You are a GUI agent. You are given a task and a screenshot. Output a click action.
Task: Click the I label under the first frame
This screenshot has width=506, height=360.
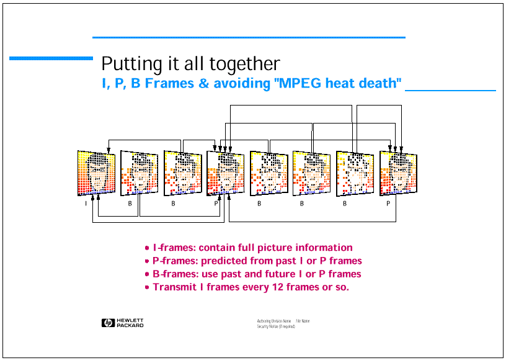86,203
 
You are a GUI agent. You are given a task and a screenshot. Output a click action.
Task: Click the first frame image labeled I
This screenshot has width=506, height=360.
96,173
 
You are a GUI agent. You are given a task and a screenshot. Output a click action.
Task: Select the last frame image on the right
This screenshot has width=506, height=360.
398,173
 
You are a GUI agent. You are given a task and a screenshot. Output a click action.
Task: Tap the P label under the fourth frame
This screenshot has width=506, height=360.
216,203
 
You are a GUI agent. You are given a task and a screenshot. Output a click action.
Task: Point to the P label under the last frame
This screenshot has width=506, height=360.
388,203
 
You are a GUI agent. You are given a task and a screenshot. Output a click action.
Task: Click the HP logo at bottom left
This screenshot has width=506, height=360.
107,323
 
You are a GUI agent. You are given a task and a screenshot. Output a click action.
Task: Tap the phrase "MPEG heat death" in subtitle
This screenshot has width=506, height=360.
338,83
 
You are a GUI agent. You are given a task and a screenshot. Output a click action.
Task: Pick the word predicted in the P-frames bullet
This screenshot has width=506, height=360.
221,261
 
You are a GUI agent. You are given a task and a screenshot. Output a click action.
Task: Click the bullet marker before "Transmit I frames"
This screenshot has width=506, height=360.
147,287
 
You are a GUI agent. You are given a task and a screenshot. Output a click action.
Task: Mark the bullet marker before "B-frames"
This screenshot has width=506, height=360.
147,274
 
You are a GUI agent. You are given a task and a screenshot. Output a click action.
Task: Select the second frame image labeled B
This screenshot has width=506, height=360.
140,173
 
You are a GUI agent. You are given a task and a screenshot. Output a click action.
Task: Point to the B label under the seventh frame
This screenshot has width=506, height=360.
345,203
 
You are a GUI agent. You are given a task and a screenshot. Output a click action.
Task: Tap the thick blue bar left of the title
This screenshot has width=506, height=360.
51,58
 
